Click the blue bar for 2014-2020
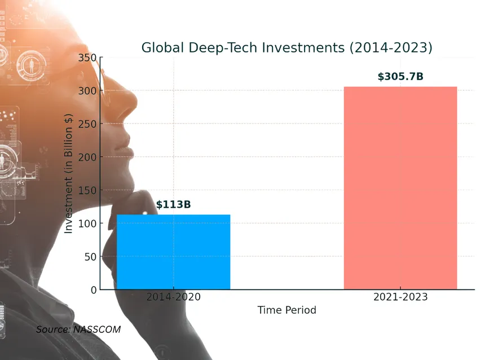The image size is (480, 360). click(x=173, y=252)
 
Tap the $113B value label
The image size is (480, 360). click(x=173, y=204)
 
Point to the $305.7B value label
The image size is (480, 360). click(x=400, y=76)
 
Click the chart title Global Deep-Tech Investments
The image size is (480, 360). click(x=287, y=47)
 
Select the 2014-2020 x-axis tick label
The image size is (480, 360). click(x=173, y=297)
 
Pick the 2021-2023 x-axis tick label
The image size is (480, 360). click(x=400, y=297)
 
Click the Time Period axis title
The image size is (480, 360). click(x=287, y=310)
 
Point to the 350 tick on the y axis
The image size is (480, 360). click(x=87, y=58)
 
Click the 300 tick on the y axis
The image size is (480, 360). click(x=87, y=91)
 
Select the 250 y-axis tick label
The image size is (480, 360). click(x=87, y=124)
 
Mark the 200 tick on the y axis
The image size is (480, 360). click(x=87, y=157)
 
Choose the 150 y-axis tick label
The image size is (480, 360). click(x=87, y=190)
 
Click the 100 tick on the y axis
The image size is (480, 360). click(x=87, y=223)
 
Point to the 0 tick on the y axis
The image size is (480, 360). click(x=93, y=290)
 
